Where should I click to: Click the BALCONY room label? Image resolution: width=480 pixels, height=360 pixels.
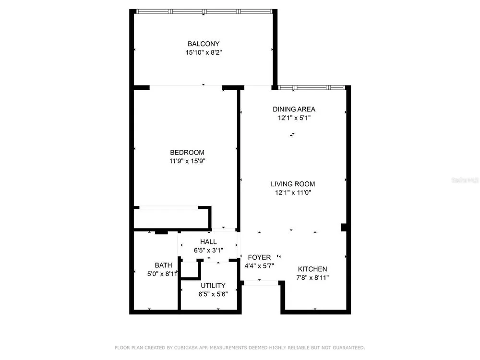point(204,44)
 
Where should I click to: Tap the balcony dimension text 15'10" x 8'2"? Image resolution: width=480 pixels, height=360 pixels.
point(204,52)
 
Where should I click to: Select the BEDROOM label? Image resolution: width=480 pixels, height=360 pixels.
point(187,153)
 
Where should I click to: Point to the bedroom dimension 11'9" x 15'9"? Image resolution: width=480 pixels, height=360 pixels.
point(187,161)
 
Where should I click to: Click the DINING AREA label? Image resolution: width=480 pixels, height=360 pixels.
point(294,109)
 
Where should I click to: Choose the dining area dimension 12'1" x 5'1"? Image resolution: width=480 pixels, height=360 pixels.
point(294,118)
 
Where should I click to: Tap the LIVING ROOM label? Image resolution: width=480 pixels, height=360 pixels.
point(293,184)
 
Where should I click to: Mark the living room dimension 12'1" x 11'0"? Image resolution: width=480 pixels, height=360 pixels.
point(293,192)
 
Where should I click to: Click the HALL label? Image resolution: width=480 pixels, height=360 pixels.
point(208,242)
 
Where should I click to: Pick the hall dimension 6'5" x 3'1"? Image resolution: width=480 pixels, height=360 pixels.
point(208,251)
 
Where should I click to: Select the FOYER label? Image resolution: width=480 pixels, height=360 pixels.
point(259,257)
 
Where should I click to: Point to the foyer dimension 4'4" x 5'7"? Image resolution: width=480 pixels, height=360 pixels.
point(259,266)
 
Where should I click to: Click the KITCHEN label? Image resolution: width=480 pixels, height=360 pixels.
point(312,269)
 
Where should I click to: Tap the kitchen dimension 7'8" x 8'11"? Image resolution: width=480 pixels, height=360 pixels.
point(312,277)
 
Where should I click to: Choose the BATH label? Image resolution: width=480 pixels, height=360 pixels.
point(163,265)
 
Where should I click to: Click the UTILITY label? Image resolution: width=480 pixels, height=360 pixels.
point(213,286)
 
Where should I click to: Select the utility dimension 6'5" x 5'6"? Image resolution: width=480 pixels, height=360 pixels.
point(213,294)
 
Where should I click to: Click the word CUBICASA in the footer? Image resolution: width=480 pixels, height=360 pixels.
point(186,348)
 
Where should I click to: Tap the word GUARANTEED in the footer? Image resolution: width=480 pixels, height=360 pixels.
point(348,348)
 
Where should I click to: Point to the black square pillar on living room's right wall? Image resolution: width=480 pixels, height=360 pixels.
point(344,228)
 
